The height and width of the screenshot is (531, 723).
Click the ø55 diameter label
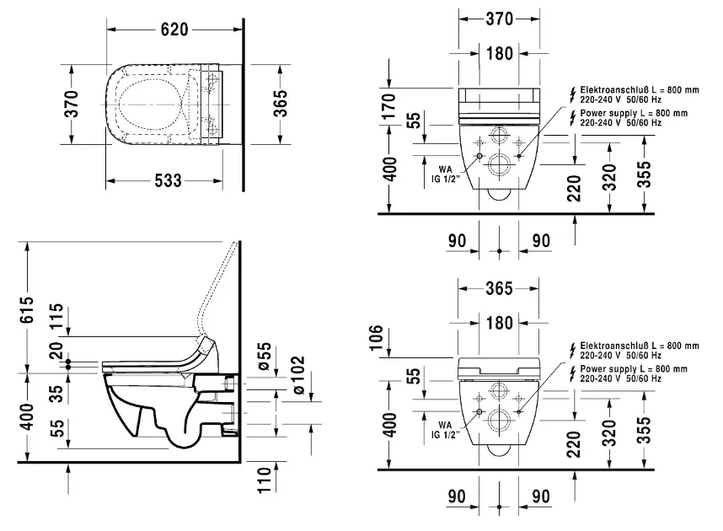pos(264,354)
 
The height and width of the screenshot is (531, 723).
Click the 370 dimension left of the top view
pos(73,104)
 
